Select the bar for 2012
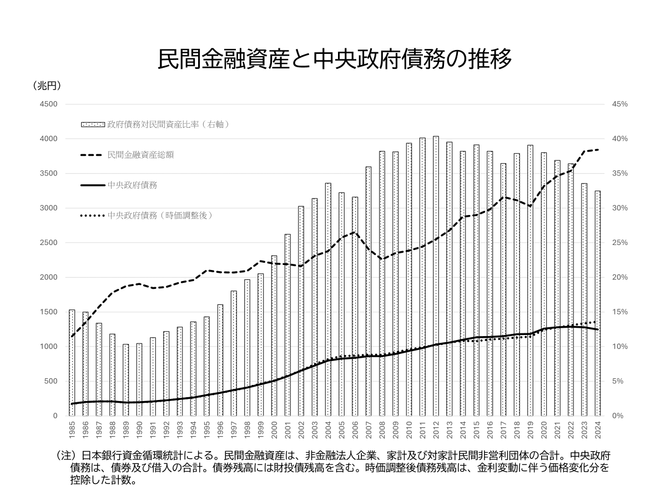(x=436, y=278)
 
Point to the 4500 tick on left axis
(x=49, y=104)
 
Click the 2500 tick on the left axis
(x=49, y=243)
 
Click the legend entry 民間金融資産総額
(x=141, y=154)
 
